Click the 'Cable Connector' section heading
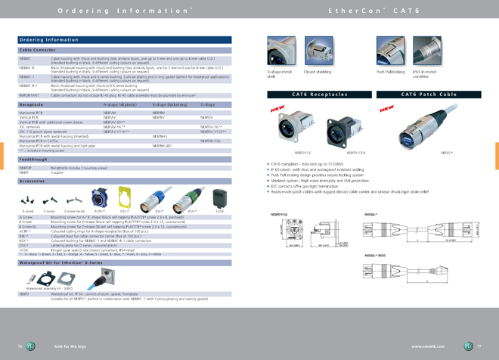37,50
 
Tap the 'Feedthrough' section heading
33,160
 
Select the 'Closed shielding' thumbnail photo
318,52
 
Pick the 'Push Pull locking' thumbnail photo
390,52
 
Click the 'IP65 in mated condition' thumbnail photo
426,52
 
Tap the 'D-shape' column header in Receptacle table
208,105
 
